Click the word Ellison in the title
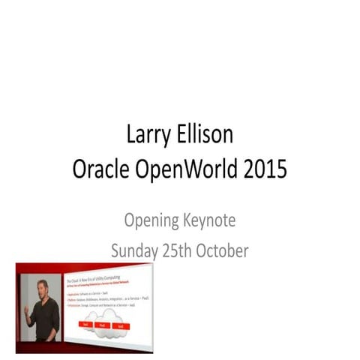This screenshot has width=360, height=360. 206,137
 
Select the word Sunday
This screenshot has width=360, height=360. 134,250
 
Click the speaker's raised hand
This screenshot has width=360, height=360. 26,308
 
